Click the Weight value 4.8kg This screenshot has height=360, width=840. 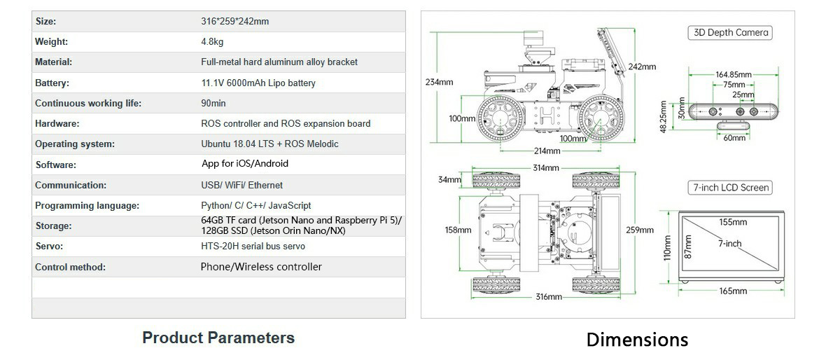point(212,42)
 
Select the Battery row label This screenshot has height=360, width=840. point(52,83)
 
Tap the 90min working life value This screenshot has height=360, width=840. point(213,103)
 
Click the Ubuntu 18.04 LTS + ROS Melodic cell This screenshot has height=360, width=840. point(269,144)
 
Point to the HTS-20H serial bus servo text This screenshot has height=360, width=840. point(253,247)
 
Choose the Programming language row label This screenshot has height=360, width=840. point(87,206)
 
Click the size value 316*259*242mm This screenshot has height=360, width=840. point(234,22)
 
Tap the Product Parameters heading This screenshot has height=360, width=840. point(218,338)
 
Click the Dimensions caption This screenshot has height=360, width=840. point(637,340)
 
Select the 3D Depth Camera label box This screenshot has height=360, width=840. point(731,32)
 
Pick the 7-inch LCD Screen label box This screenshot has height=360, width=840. point(731,188)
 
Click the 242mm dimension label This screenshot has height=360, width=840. point(642,67)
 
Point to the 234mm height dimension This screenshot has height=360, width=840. point(439,82)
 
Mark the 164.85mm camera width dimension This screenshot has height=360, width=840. point(733,75)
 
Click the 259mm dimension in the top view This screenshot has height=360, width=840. point(640,230)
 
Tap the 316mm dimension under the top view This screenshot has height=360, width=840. point(549,297)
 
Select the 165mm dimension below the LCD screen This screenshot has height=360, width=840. point(733,291)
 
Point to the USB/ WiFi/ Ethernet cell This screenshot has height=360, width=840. point(241,186)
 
